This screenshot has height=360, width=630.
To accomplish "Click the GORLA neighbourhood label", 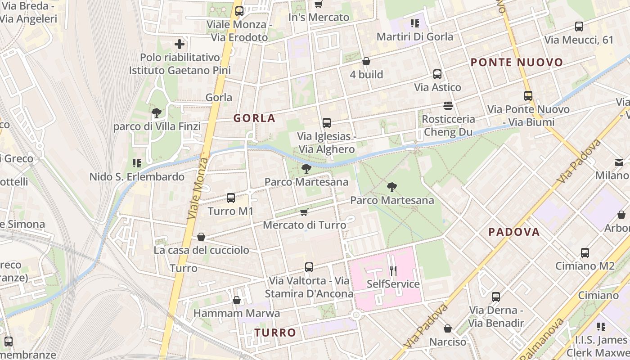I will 254,118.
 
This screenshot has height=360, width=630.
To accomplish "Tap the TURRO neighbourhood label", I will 275,333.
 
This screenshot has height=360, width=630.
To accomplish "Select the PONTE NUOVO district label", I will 517,63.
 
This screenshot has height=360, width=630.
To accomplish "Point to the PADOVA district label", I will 514,232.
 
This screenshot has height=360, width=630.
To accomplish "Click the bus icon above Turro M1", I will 231,198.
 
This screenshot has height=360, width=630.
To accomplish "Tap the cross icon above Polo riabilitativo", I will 180,44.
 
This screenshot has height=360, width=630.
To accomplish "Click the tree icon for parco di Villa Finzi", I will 156,112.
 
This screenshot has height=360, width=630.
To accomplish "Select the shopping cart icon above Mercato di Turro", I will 304,212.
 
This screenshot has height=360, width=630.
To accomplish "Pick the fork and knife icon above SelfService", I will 393,270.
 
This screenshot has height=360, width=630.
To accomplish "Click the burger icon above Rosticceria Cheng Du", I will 448,106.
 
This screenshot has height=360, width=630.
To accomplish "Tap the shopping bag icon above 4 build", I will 366,61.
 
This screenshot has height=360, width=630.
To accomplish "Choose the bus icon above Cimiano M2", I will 585,252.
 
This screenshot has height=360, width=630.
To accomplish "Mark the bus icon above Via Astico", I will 437,74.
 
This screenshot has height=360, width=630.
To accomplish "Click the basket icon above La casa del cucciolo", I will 201,237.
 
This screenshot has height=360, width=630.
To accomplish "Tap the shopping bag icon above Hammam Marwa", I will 237,300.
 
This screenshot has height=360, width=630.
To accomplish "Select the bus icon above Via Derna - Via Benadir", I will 496,297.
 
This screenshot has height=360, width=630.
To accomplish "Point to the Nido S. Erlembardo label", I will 137,177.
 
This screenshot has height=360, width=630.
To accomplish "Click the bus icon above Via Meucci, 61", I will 579,27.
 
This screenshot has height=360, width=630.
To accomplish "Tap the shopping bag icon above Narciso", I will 447,329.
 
